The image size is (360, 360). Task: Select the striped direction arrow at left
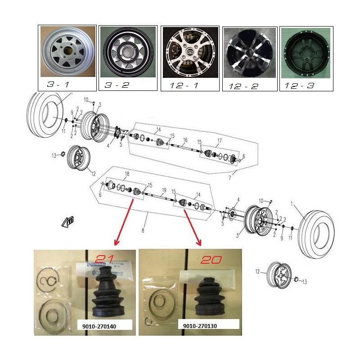69,220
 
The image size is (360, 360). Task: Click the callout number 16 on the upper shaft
184,140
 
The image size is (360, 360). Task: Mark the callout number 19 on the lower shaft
164,189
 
